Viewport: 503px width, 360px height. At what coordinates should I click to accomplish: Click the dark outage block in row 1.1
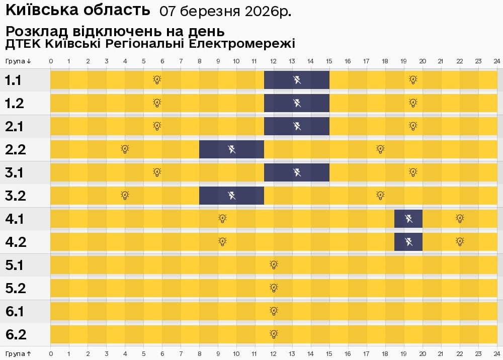point(297,80)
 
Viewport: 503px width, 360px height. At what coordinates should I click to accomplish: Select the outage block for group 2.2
point(232,149)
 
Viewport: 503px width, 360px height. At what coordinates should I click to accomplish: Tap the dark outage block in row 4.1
point(408,219)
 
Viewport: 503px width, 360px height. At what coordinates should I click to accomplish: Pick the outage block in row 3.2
point(232,196)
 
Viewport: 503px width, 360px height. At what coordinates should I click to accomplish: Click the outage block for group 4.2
point(408,242)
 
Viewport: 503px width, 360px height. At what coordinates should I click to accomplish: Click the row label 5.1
point(15,265)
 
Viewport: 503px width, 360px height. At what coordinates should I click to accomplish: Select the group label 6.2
point(15,334)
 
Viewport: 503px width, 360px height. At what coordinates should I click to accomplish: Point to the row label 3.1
point(15,172)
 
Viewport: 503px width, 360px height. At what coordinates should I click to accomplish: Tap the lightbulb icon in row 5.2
point(274,288)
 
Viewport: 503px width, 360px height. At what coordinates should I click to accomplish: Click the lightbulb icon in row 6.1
point(274,311)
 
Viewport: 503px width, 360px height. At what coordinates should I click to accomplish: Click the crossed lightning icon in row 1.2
point(297,103)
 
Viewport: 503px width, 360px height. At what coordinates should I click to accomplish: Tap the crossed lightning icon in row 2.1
point(297,126)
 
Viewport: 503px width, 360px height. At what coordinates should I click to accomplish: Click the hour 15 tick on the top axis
point(329,61)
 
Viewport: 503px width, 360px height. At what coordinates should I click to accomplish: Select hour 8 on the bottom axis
point(200,354)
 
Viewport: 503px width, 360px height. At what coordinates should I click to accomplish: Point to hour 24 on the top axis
point(496,61)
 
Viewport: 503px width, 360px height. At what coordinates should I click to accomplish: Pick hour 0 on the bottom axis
point(51,354)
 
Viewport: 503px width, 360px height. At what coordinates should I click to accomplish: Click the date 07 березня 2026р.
point(225,11)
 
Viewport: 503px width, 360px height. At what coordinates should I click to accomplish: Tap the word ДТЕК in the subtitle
point(23,44)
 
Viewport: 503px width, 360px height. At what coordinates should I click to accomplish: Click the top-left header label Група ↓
point(19,61)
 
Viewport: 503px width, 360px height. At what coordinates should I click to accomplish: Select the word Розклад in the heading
point(33,31)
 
